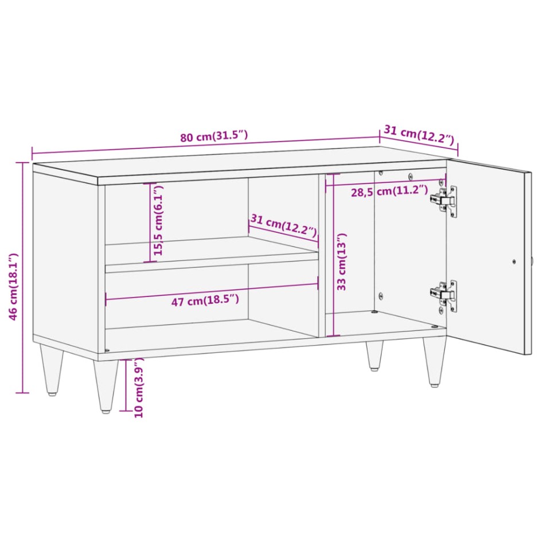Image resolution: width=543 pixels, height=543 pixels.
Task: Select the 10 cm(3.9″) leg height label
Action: (138, 388)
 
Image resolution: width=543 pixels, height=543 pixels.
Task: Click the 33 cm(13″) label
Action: (342, 263)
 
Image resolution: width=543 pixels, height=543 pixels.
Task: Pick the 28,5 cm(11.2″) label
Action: (389, 191)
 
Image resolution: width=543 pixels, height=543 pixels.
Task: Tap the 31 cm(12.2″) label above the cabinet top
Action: (419, 135)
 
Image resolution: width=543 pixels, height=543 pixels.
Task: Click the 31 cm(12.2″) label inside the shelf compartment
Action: (283, 225)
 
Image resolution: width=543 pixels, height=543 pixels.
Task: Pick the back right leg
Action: (374, 355)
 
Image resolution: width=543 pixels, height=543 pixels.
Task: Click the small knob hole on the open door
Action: (514, 261)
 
